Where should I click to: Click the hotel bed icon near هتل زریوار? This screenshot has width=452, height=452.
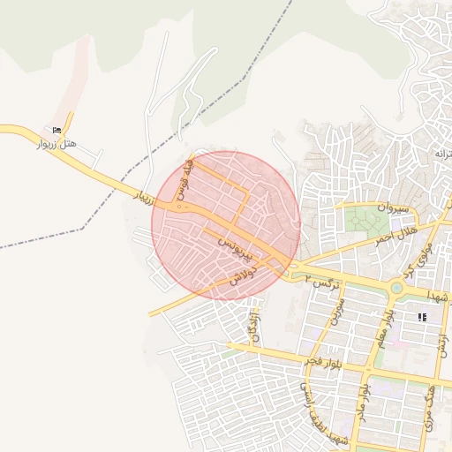click(58, 130)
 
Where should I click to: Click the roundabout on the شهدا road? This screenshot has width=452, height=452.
click(396, 288)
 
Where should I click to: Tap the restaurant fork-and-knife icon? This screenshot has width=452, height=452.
click(423, 316)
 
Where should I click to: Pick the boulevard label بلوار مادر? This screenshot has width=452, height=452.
click(361, 400)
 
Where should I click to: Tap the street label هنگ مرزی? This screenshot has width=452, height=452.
click(431, 407)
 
